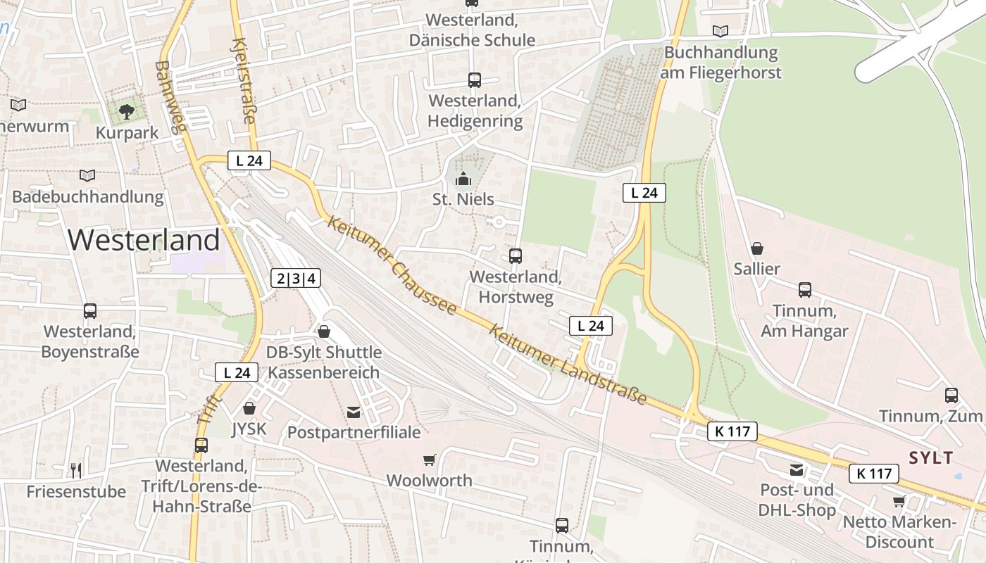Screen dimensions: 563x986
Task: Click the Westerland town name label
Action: coord(144,240)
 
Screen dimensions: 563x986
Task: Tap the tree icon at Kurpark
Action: coord(127,111)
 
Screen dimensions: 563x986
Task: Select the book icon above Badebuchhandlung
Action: coord(87,175)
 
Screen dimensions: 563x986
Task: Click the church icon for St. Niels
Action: coord(463,179)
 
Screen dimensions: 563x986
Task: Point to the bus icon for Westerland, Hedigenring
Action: coord(475,80)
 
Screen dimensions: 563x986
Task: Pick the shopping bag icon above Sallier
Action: coord(757,248)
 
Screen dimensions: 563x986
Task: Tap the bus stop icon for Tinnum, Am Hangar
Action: coord(804,289)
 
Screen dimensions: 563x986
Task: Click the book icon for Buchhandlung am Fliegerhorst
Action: coord(720,31)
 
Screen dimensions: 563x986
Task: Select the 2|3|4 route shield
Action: coord(297,279)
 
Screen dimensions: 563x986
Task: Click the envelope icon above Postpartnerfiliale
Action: coord(354,412)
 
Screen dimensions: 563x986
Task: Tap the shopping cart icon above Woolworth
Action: coord(430,460)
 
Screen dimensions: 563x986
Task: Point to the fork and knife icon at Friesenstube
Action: coord(76,469)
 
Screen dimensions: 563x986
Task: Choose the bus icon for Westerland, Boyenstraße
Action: coord(90,310)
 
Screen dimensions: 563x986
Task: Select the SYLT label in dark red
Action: coord(930,458)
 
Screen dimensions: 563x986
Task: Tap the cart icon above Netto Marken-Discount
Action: coord(899,501)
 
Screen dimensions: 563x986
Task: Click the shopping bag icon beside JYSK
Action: coord(249,407)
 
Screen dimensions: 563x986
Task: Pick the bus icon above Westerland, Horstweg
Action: coord(516,255)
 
